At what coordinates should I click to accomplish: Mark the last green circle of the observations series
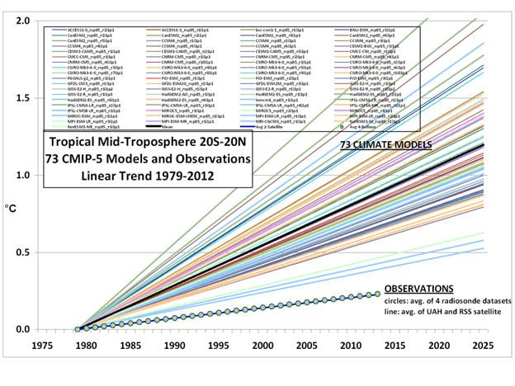point(378,294)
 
